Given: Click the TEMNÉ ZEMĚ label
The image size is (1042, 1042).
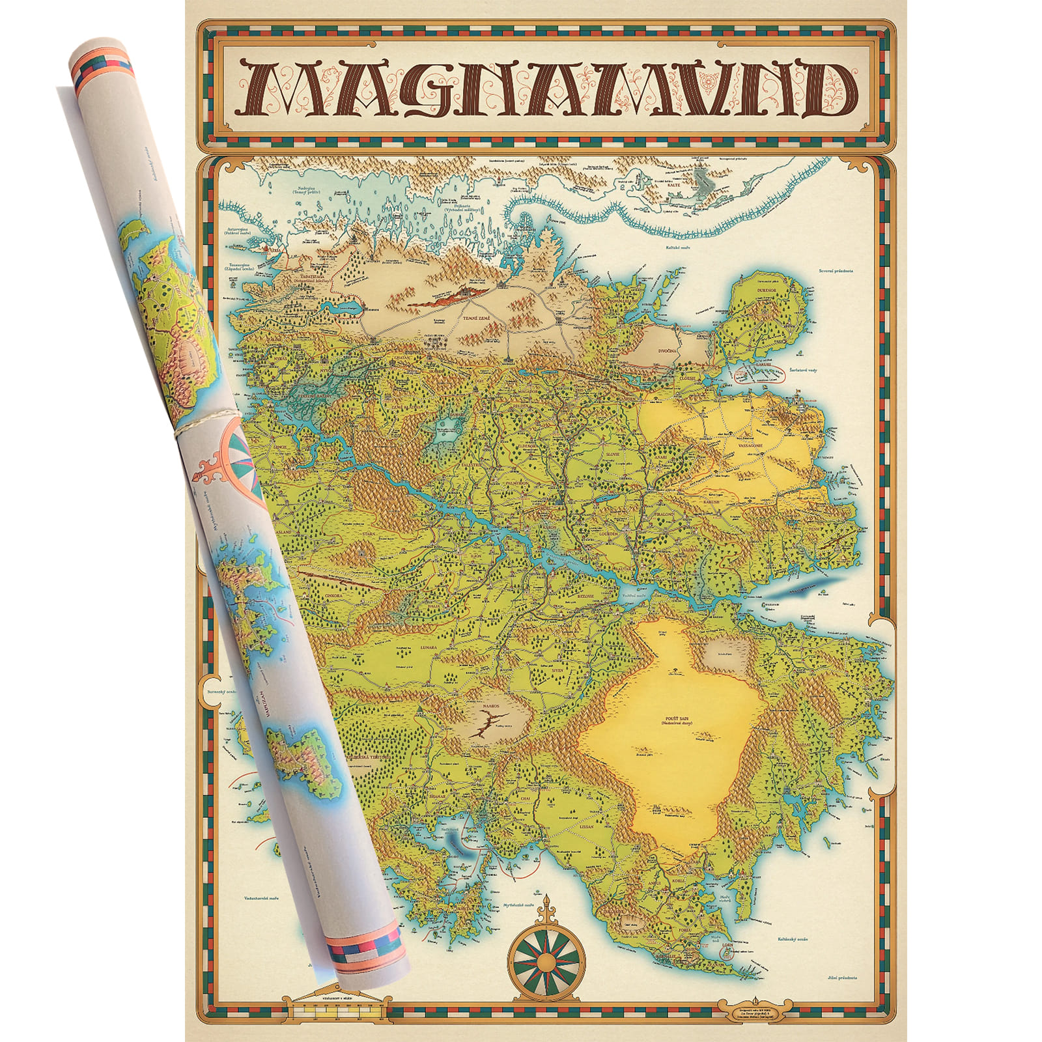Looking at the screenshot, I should tap(472, 317).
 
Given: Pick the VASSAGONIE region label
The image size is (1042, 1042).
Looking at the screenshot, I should tap(750, 445).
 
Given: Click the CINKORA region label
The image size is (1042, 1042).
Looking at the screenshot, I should tap(333, 596).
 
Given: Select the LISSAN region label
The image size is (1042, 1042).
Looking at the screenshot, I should tap(586, 826).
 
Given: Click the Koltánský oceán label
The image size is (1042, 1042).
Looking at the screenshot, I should tap(793, 939).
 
